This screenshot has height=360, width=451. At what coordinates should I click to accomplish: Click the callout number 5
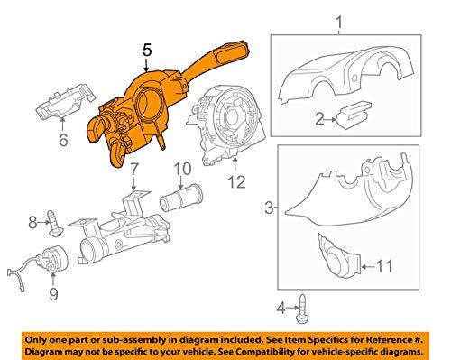147,50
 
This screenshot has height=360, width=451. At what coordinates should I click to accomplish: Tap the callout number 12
236,181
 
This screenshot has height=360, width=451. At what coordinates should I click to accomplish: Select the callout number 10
182,169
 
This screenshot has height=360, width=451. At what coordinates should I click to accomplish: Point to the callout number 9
53,293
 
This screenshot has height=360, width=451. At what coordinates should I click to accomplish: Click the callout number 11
384,266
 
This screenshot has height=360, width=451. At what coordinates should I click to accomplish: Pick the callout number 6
63,140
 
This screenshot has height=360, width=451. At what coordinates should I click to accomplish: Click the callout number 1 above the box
339,23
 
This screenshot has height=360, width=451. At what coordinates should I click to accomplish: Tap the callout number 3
269,208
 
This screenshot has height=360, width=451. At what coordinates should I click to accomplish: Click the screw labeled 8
55,224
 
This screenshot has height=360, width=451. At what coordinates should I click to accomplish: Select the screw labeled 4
302,309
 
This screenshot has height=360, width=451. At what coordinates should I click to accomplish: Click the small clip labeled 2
354,115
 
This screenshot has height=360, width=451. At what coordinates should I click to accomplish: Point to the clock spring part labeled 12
226,125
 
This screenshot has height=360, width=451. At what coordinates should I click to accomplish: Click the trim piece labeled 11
339,255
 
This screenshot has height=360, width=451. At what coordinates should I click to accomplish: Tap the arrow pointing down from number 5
146,65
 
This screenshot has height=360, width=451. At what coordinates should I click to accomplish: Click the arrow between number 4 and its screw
292,308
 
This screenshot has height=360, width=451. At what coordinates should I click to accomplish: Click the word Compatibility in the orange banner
262,352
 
